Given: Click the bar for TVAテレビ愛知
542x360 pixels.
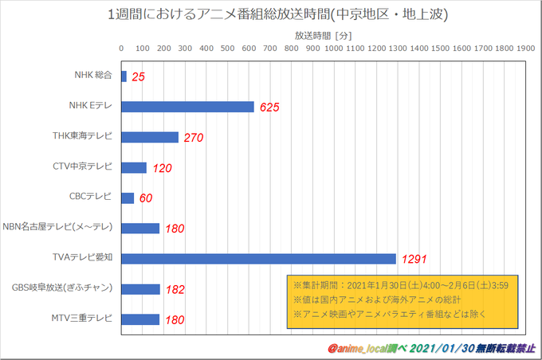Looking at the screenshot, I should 258,258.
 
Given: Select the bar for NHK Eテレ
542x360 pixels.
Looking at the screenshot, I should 187,107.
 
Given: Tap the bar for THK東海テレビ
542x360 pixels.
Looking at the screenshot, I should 150,137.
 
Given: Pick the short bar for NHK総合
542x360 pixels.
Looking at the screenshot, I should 124,76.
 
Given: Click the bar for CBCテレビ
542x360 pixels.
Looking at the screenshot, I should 128,198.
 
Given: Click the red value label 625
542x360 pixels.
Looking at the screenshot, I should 271,108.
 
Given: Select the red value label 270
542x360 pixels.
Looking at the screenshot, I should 194,138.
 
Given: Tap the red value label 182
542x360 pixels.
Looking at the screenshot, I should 175,289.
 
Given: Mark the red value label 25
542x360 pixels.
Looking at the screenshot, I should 139,77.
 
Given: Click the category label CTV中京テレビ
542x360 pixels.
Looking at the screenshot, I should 82,167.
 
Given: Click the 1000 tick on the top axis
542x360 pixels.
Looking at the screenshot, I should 334,48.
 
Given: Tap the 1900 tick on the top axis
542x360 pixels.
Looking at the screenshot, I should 525,48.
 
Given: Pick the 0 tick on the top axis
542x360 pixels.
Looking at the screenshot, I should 121,48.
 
